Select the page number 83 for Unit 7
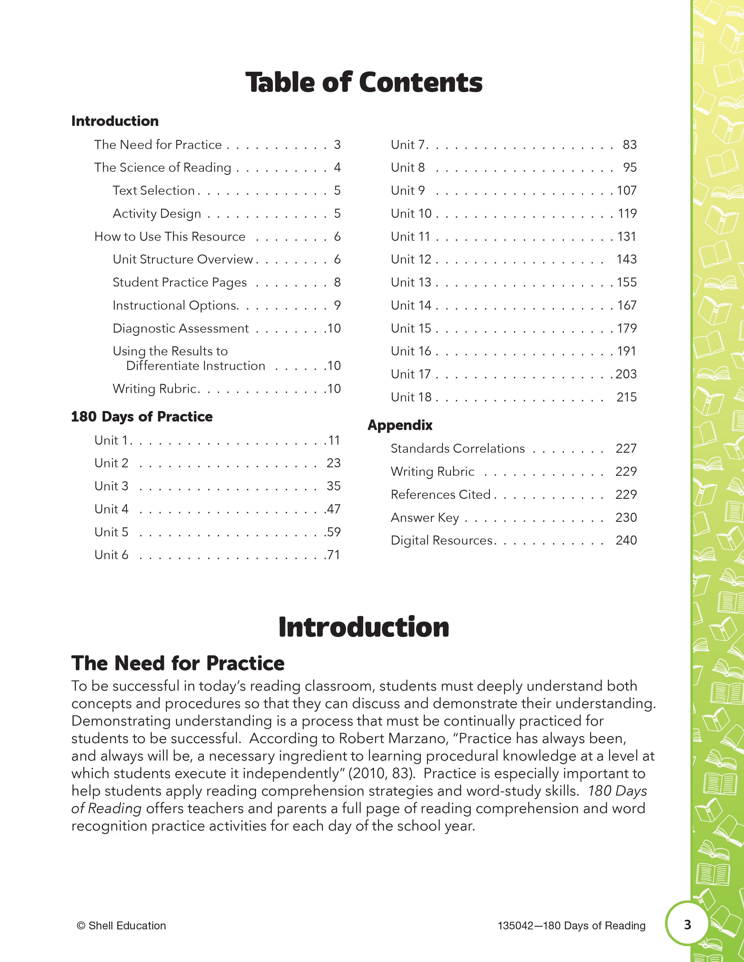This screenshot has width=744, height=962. tap(629, 145)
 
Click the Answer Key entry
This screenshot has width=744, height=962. tap(425, 517)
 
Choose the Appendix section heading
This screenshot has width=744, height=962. tap(400, 425)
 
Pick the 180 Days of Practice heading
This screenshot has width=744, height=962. tap(142, 417)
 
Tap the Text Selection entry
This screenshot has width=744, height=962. tap(153, 190)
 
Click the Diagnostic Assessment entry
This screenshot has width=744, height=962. tap(181, 328)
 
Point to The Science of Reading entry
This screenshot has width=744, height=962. tap(163, 167)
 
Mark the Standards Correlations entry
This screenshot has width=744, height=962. tap(457, 448)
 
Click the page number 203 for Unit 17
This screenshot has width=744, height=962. tap(626, 374)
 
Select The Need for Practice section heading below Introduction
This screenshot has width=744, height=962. tap(178, 663)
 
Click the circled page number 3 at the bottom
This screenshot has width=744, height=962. tap(687, 925)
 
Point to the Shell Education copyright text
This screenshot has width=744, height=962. tap(121, 926)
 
